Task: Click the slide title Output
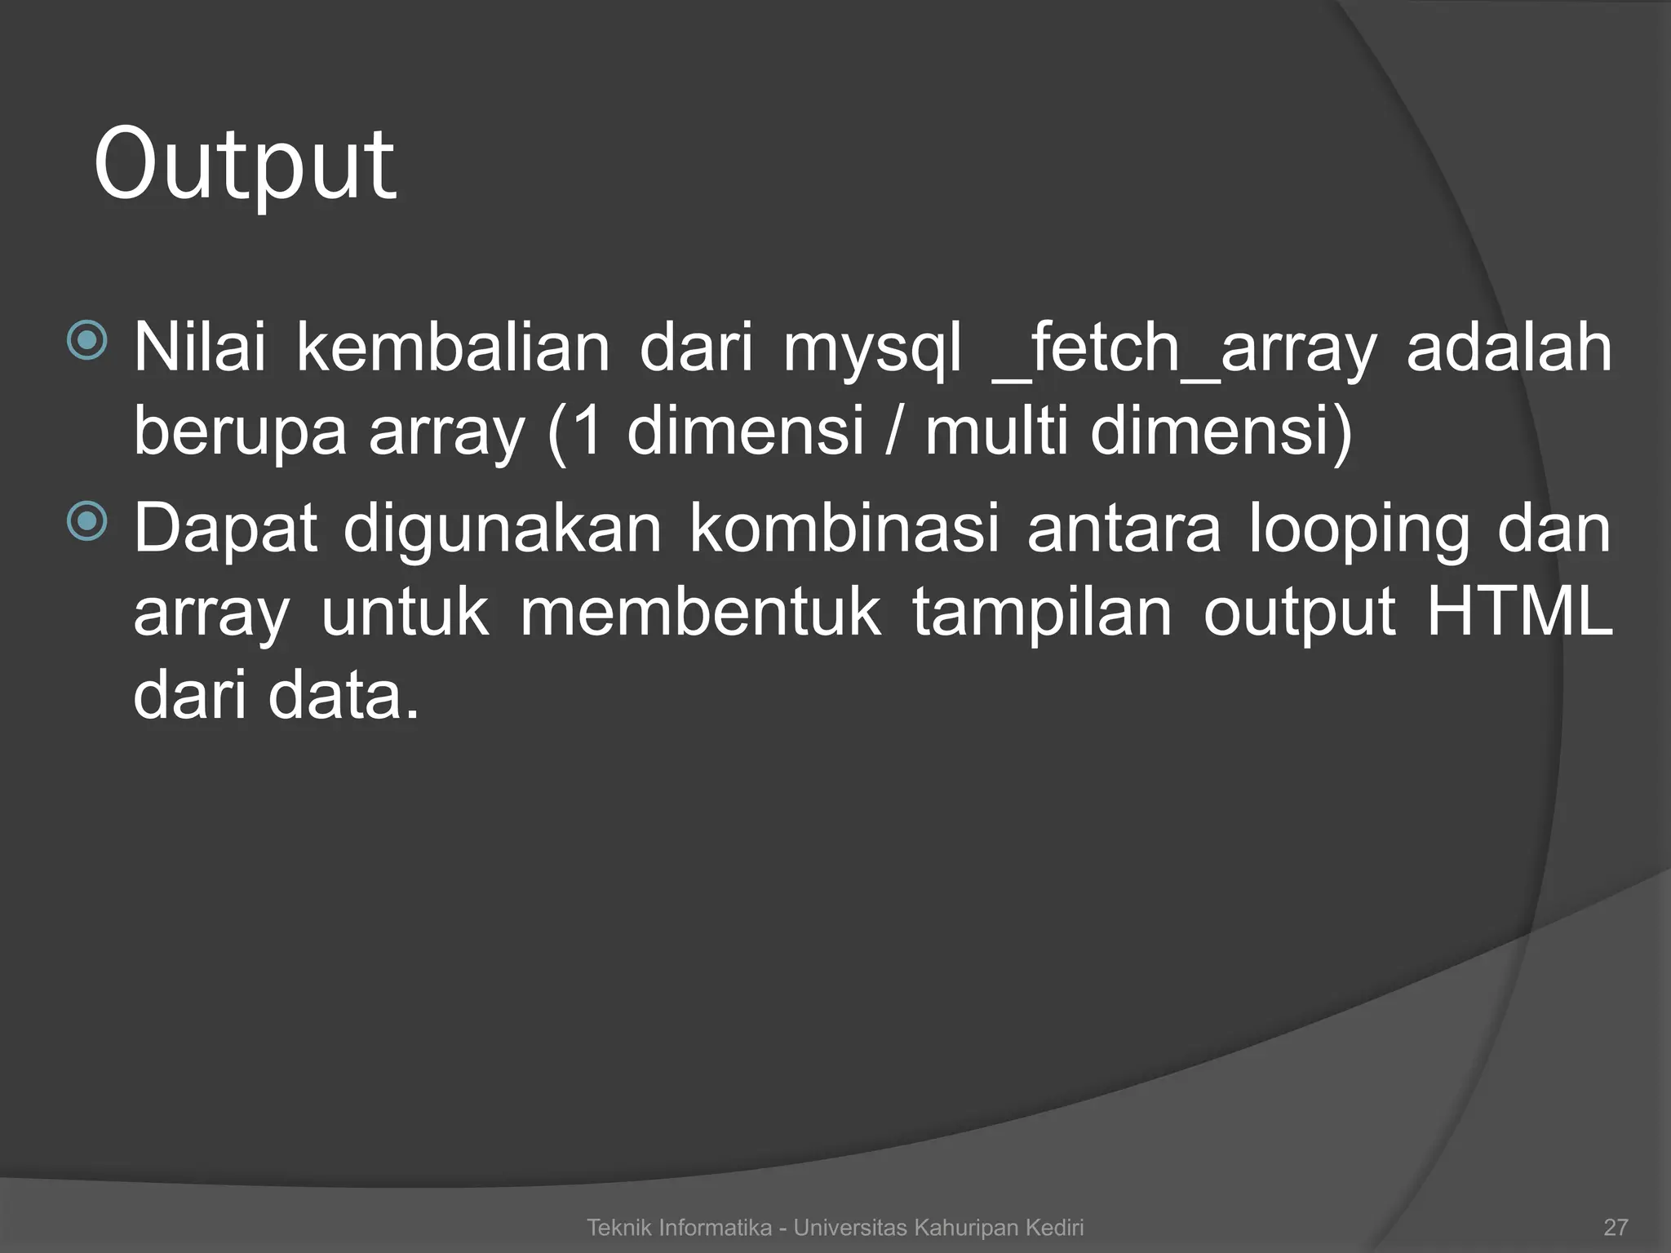(x=245, y=166)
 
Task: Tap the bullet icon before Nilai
(x=87, y=341)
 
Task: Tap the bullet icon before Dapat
(x=87, y=522)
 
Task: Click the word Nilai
(x=200, y=348)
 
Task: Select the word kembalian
(x=453, y=348)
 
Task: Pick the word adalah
(x=1509, y=348)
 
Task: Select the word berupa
(x=239, y=432)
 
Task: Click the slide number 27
(x=1616, y=1227)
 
